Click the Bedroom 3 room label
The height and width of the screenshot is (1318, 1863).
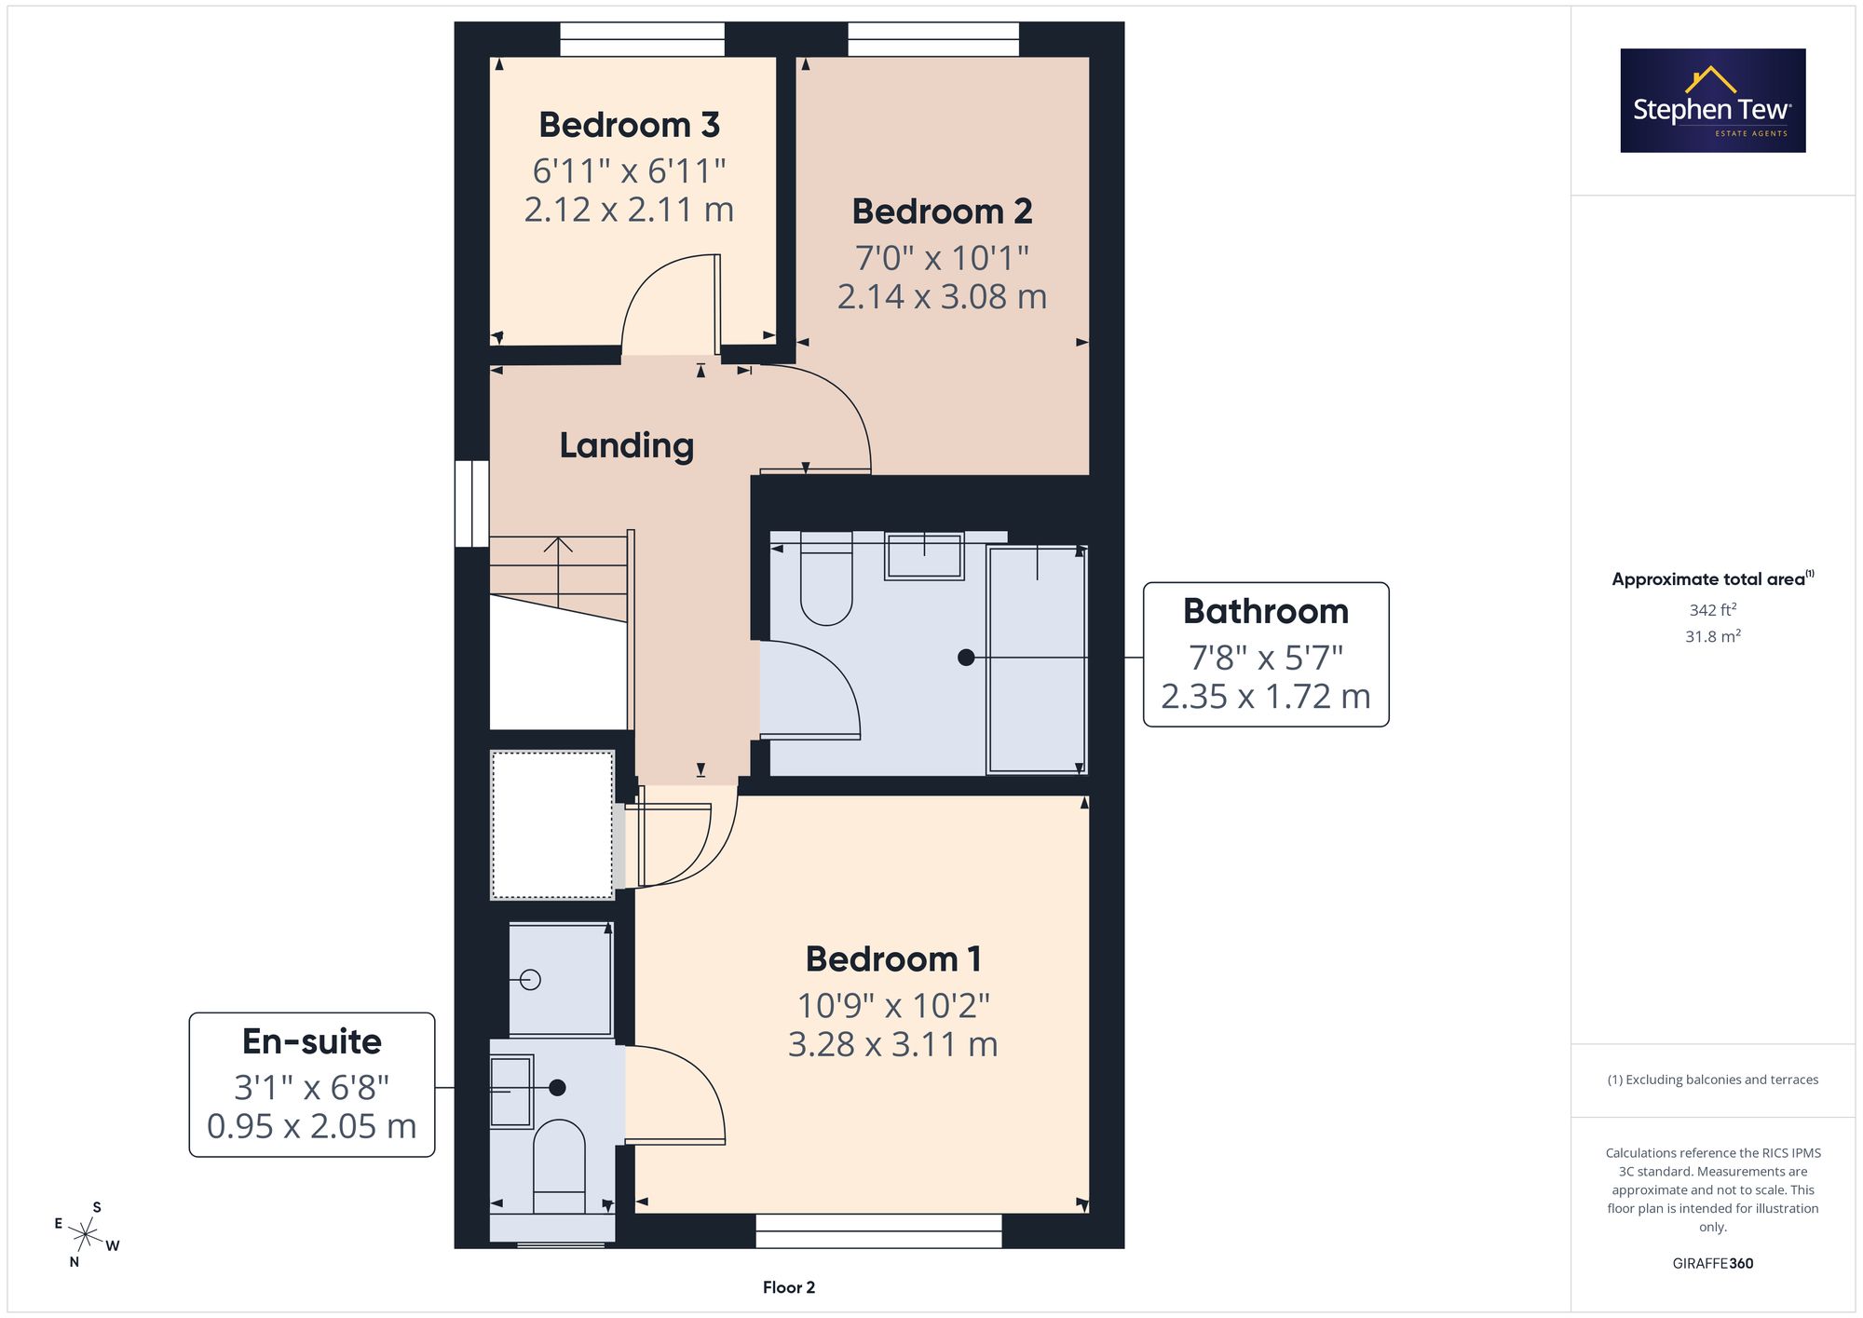[629, 125]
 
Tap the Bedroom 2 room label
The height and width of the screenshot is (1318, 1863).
[942, 211]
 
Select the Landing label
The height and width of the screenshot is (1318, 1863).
[627, 446]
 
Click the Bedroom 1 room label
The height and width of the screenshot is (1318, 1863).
[893, 959]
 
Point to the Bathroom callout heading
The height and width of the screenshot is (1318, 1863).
[1266, 611]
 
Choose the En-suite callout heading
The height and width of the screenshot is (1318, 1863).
[312, 1041]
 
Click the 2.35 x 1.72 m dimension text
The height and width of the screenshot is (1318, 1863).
[1266, 697]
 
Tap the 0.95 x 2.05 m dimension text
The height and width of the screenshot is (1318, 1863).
[312, 1126]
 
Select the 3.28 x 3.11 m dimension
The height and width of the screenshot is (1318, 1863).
[893, 1044]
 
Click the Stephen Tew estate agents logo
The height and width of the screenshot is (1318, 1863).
[1713, 101]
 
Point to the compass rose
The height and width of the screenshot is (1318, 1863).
[86, 1236]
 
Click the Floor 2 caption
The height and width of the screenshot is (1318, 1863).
[789, 1287]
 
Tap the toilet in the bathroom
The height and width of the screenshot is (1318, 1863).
[826, 578]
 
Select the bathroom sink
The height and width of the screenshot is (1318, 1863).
[924, 556]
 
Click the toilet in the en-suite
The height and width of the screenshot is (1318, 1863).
[559, 1165]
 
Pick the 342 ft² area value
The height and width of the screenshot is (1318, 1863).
[1713, 610]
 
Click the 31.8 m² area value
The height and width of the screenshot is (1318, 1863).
[1713, 636]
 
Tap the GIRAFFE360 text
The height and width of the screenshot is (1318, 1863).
[1713, 1263]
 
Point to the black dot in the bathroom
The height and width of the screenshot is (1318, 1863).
[966, 658]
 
